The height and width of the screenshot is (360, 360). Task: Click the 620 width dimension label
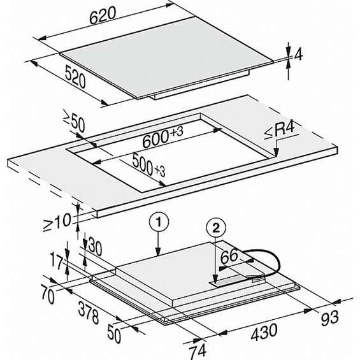(x=103, y=16)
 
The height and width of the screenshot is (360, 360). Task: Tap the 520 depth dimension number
(x=75, y=76)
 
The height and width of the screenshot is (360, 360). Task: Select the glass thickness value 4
(x=298, y=55)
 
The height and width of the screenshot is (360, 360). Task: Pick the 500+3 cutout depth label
(x=148, y=164)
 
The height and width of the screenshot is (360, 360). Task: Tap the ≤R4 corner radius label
(x=280, y=131)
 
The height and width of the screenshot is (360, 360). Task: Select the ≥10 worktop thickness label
(x=57, y=222)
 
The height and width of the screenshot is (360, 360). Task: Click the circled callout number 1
(x=159, y=222)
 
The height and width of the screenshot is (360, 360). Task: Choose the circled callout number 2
(x=216, y=227)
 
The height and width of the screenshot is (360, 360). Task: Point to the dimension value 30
(x=95, y=247)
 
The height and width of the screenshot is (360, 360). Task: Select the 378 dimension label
(x=89, y=312)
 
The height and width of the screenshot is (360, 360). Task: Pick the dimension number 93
(x=329, y=318)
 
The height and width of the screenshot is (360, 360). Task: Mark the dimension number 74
(x=198, y=350)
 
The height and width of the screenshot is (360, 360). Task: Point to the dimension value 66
(x=229, y=256)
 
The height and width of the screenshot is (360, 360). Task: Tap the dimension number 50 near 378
(x=114, y=334)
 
